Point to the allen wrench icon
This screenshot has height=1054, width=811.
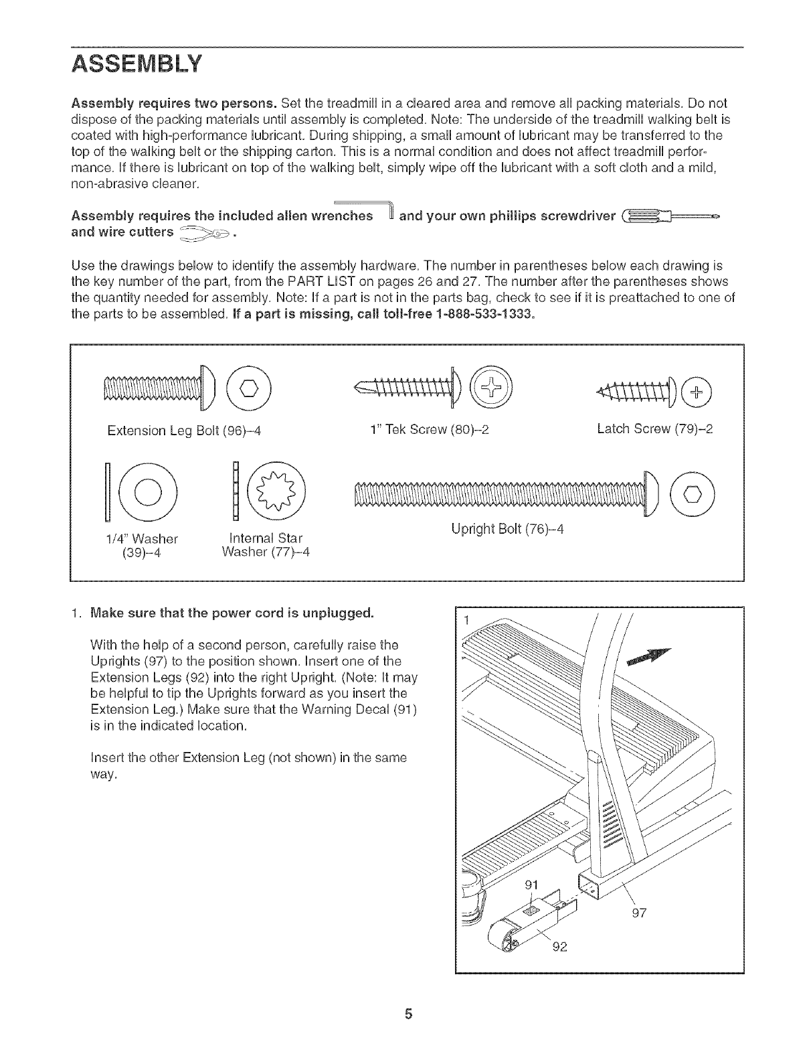coord(382,208)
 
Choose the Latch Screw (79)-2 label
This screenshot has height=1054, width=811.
coord(654,429)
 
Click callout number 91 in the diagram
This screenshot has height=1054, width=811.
coord(531,885)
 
